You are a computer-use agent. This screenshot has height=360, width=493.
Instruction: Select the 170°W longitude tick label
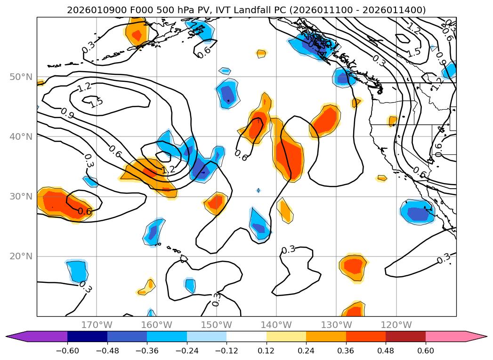[97, 325]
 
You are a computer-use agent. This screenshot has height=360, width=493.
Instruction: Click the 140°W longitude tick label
[276, 325]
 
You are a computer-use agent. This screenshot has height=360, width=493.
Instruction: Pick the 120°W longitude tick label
[396, 325]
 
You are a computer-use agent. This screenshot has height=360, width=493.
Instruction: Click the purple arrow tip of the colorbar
[14, 336]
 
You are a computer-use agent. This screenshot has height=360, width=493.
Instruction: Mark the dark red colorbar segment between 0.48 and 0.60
[405, 336]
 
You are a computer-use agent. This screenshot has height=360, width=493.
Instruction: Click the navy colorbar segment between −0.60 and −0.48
[87, 336]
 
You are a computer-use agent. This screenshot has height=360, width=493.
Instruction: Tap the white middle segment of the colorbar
[246, 336]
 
